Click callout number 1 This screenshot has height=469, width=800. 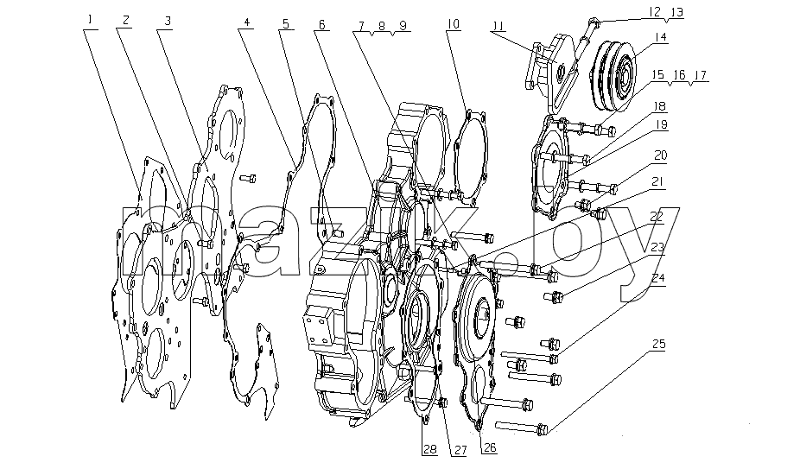click(91, 20)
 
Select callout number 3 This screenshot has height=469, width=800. click(168, 21)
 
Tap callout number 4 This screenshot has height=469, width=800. click(247, 22)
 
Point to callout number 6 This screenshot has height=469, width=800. click(321, 24)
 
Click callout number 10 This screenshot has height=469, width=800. click(453, 24)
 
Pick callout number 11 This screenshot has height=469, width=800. click(498, 25)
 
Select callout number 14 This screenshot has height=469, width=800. click(661, 37)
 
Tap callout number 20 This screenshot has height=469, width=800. click(660, 155)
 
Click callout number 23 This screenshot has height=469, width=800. click(657, 248)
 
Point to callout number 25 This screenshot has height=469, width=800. click(658, 344)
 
